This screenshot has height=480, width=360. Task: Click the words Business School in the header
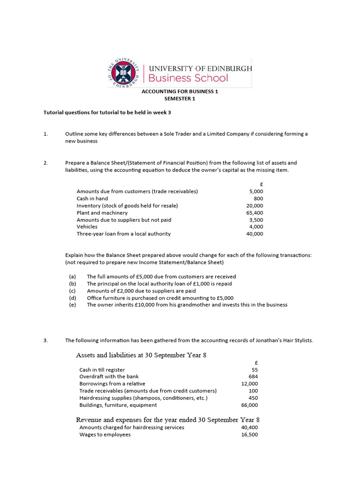pos(188,78)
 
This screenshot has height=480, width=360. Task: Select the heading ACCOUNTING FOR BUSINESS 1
pos(180,92)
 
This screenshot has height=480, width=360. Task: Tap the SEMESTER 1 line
pos(180,99)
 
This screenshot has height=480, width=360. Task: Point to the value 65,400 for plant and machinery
pos(255,213)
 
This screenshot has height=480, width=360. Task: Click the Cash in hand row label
pos(92,199)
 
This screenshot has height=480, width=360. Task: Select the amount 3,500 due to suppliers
pos(256,220)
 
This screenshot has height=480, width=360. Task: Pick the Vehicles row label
pos(87,227)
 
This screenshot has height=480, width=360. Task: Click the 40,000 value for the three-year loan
pos(255,234)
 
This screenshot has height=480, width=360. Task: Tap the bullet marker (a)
pos(73,277)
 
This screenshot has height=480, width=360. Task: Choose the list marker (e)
pos(73,305)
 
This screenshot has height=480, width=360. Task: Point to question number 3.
pos(46,340)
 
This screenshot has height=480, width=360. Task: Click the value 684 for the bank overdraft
pos(253,376)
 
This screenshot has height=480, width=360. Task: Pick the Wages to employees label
pos(105,435)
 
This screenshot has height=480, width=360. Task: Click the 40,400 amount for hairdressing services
pos(249,427)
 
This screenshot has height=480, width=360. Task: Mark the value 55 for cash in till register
pos(255,370)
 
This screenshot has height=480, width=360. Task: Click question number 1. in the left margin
pos(46,134)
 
